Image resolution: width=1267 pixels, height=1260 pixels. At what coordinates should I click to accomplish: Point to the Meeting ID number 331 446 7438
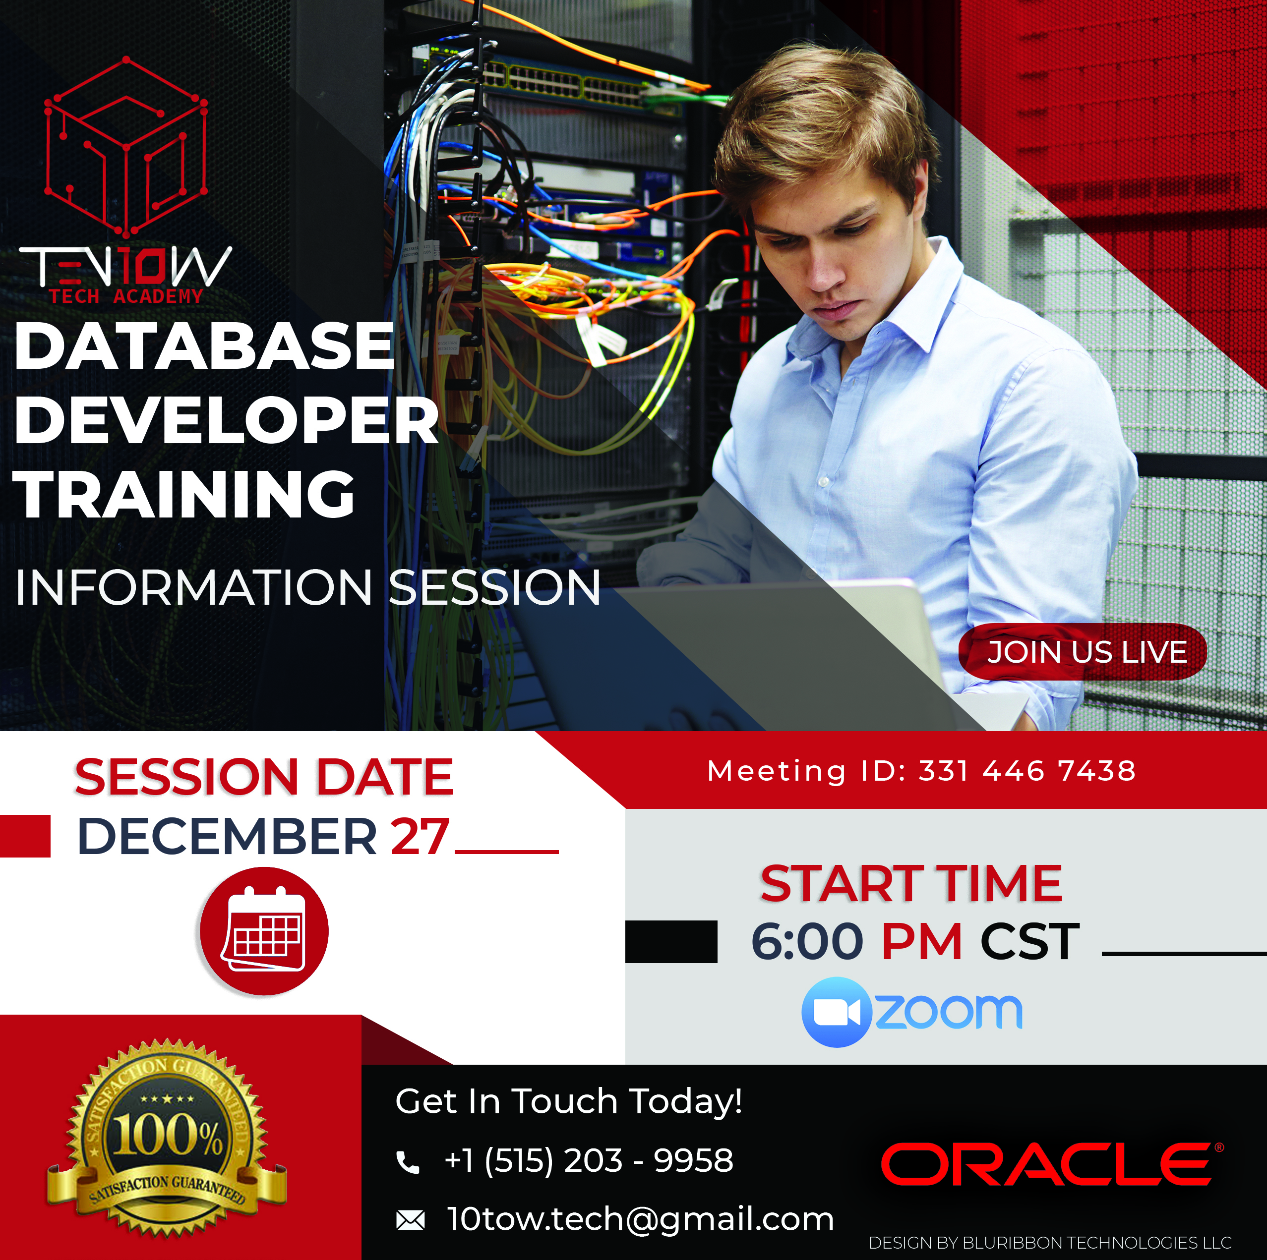click(x=1027, y=771)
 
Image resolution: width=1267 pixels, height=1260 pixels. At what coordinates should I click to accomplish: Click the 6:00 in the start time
click(x=807, y=941)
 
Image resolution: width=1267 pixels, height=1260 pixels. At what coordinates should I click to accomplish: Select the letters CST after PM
click(x=1029, y=941)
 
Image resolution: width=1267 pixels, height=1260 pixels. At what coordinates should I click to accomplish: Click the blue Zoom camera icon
click(x=837, y=1013)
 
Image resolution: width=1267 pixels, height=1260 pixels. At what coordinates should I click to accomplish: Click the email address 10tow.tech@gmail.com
click(x=641, y=1219)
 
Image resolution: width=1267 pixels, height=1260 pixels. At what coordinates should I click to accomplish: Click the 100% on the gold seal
click(x=168, y=1136)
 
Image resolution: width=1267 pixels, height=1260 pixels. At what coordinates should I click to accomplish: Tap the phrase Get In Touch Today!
click(x=569, y=1101)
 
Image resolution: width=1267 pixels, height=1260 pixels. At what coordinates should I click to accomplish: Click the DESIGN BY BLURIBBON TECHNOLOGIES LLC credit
click(x=1050, y=1242)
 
